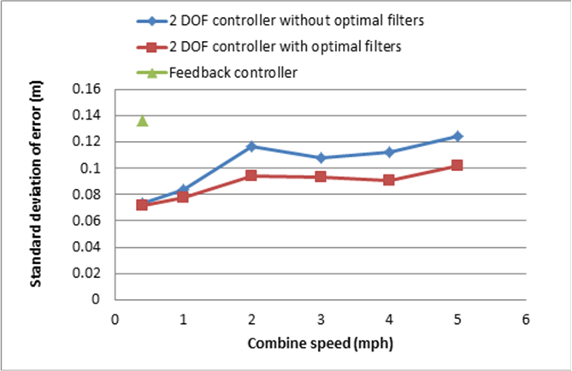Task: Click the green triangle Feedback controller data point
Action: tap(143, 121)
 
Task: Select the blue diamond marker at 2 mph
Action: tap(251, 147)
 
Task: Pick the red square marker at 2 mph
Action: tap(251, 175)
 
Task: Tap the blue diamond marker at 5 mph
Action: tap(457, 136)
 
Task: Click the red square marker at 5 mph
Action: tap(457, 165)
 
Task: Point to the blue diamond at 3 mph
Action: tap(321, 158)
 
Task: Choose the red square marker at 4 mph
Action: tap(389, 180)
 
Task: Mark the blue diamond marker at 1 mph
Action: tap(183, 190)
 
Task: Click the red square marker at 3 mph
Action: tap(321, 177)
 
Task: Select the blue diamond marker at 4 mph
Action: tap(389, 152)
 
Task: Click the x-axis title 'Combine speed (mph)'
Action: tap(320, 344)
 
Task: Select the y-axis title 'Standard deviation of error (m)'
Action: tap(38, 195)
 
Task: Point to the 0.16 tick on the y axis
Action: tap(87, 89)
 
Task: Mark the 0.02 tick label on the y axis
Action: tap(87, 274)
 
